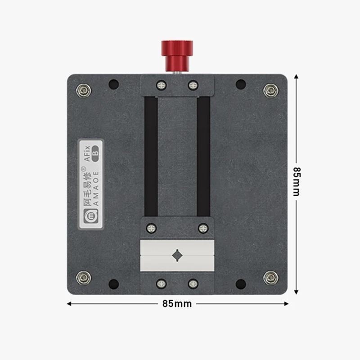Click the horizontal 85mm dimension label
(x=177, y=304)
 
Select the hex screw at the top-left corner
(x=84, y=90)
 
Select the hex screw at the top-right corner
(x=270, y=90)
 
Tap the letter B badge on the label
(x=95, y=154)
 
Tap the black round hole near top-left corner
(x=114, y=84)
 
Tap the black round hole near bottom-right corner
(x=241, y=284)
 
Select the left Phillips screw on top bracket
(x=161, y=85)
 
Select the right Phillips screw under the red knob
(x=193, y=85)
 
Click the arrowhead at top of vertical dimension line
(x=296, y=77)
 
